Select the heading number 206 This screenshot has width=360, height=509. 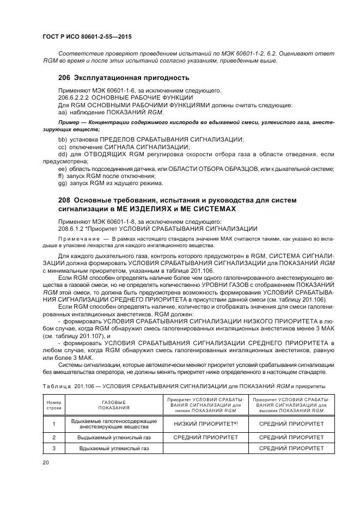point(64,77)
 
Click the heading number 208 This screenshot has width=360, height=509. point(64,200)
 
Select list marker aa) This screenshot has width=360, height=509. point(62,112)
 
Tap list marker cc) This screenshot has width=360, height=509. point(62,147)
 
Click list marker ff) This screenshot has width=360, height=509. point(61,176)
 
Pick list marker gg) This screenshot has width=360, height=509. point(62,184)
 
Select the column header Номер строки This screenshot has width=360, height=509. point(54,404)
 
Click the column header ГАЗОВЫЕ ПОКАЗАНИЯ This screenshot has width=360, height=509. point(114,404)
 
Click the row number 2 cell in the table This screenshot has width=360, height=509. point(54,437)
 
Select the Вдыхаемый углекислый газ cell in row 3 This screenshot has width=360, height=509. point(114,448)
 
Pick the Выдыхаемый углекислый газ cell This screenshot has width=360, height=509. point(114,437)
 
